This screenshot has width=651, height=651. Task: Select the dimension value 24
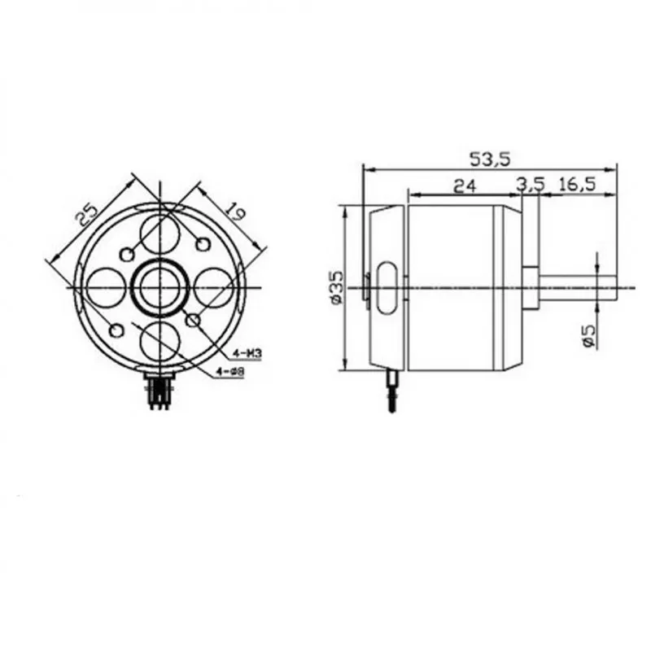pyautogui.click(x=464, y=186)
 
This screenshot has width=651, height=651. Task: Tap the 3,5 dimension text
pyautogui.click(x=531, y=186)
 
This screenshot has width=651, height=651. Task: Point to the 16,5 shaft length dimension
pyautogui.click(x=577, y=186)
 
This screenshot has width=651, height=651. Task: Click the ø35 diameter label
pyautogui.click(x=336, y=286)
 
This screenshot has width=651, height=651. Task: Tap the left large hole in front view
pyautogui.click(x=106, y=287)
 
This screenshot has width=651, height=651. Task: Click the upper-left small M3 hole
pyautogui.click(x=126, y=254)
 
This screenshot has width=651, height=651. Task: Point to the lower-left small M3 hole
pyautogui.click(x=116, y=330)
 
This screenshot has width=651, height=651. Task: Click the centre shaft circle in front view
pyautogui.click(x=159, y=287)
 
